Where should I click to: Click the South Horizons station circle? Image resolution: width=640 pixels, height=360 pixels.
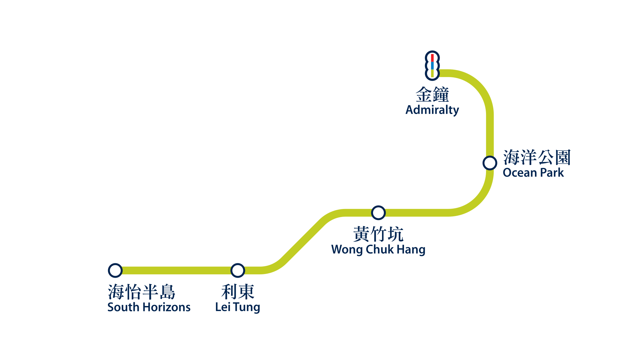pos(115,270)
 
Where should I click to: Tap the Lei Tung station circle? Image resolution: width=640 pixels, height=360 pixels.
pos(238,270)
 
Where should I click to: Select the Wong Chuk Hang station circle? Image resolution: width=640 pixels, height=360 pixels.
pos(378,213)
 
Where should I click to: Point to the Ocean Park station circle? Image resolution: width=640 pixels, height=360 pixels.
pos(490,163)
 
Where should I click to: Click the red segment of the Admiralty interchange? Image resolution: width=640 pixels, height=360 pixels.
pos(432,58)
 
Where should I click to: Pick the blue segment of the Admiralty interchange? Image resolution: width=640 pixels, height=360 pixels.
pos(432,65)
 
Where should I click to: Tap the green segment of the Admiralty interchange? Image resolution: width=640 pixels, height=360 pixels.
pos(432,73)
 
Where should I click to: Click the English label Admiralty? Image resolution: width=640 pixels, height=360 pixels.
pos(432,110)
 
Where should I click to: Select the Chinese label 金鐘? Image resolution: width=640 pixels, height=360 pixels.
pos(432,95)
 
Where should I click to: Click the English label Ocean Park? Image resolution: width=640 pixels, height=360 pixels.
pos(533,173)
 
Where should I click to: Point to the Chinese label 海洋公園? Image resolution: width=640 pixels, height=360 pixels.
pos(537,157)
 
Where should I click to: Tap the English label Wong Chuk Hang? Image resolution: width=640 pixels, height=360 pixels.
pos(378,249)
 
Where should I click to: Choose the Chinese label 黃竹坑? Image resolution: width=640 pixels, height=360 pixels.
pos(378,234)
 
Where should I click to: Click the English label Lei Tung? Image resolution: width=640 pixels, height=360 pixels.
pos(237,307)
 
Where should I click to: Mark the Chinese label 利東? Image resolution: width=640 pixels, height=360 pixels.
pos(238,292)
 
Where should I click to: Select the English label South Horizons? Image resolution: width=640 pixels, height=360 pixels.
pos(149,307)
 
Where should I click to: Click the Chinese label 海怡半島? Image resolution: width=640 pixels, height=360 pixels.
pos(142,292)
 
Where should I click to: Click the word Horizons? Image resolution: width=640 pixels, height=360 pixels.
pos(167,307)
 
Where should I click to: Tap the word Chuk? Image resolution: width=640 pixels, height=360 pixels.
pos(380,249)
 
